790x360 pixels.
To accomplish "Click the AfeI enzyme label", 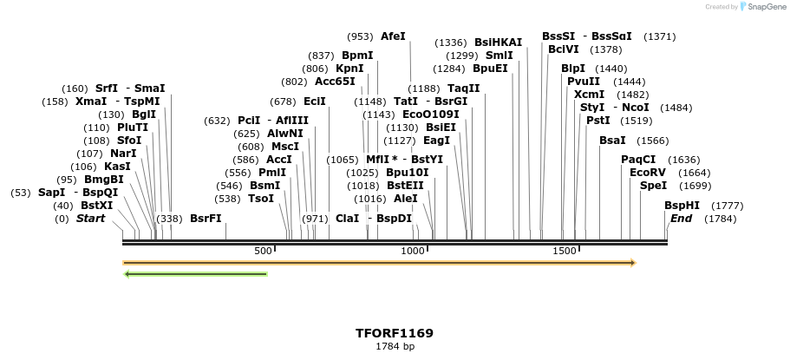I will (x=393, y=36).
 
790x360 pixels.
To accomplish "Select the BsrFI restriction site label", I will (x=206, y=219).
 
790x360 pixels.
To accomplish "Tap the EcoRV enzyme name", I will (x=648, y=173).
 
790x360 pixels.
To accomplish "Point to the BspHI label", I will (x=682, y=206).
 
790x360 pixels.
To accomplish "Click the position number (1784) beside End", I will (x=695, y=219).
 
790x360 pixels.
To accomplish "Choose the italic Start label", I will (x=90, y=219).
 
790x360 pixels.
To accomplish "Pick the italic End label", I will (x=681, y=219).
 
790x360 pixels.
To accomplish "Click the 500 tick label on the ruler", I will (x=263, y=251).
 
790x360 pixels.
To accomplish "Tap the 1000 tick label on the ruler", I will (x=413, y=251).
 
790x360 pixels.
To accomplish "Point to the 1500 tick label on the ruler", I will (x=565, y=251).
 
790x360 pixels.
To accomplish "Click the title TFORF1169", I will (x=395, y=333).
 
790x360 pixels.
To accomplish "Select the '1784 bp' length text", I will (x=395, y=346).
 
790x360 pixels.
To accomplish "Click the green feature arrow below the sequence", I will (x=196, y=274).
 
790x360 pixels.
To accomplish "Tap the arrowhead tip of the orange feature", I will (x=634, y=262).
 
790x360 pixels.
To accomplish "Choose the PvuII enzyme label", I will (x=584, y=82).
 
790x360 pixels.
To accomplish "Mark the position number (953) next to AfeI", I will (x=360, y=36).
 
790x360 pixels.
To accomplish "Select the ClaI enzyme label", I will (x=347, y=219).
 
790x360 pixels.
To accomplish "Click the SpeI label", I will (x=653, y=186).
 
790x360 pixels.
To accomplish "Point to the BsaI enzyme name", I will (x=612, y=141).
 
